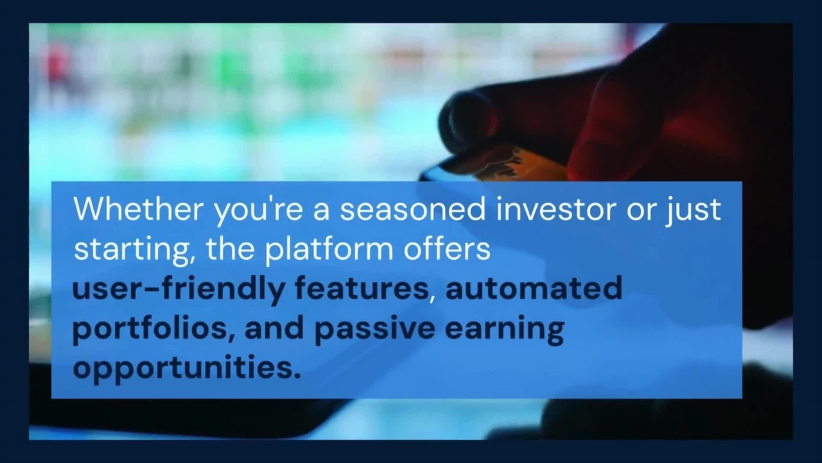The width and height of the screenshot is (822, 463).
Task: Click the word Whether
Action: [138, 208]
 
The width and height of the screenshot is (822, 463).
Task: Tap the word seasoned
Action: [413, 208]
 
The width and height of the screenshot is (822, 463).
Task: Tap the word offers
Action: [447, 248]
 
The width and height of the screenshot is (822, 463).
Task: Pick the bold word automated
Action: [534, 287]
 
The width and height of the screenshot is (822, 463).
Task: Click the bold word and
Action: [274, 327]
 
